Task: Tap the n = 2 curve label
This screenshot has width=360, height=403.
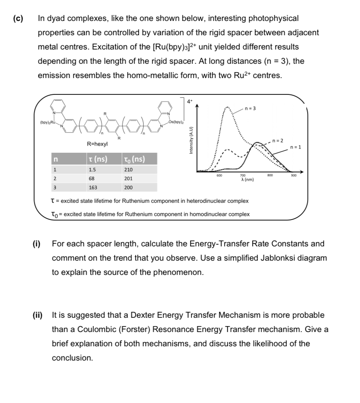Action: pyautogui.click(x=278, y=139)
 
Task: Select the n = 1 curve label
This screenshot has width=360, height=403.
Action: pyautogui.click(x=296, y=147)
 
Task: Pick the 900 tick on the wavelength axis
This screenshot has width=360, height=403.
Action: pyautogui.click(x=293, y=175)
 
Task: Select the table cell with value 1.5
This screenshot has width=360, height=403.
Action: pyautogui.click(x=92, y=170)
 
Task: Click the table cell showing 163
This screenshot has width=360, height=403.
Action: pyautogui.click(x=93, y=187)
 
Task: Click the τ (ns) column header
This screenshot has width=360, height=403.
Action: pyautogui.click(x=97, y=159)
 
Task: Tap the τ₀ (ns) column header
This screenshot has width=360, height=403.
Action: pyautogui.click(x=133, y=159)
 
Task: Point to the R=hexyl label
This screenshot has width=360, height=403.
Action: pyautogui.click(x=97, y=144)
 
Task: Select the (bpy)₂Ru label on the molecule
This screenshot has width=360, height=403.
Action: pyautogui.click(x=48, y=123)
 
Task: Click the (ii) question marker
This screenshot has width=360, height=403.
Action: pyautogui.click(x=40, y=315)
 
